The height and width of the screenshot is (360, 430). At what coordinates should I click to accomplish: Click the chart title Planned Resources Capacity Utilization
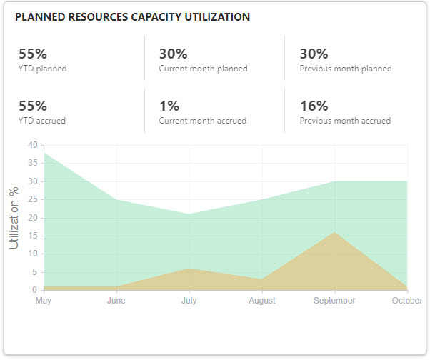pos(132,17)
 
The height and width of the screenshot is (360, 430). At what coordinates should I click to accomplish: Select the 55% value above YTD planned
pos(33,54)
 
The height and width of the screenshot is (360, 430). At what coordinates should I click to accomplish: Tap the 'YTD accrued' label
pos(42,121)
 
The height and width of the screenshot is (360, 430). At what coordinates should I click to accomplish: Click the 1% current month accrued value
pos(169,106)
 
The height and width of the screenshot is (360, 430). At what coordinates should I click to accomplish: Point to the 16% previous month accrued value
pos(314,106)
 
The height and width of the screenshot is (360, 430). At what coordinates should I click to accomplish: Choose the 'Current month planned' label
pos(203,69)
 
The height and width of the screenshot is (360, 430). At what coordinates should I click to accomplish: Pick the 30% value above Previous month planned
pos(314,54)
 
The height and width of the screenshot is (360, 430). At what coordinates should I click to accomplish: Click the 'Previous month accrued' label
pos(345,121)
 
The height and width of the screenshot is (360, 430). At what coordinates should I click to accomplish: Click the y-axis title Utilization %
pos(14,218)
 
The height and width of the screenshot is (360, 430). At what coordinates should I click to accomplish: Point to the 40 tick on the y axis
pos(32,145)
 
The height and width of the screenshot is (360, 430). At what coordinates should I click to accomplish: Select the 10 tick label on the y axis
pos(32,254)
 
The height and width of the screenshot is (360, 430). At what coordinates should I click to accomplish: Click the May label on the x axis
pos(44,301)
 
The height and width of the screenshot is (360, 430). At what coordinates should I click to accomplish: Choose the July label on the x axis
pos(189,301)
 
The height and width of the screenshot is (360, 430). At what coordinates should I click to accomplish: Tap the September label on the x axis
pos(334,301)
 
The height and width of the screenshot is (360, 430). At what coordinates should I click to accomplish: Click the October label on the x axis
pos(407,301)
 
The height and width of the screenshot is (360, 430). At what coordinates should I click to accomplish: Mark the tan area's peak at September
pos(334,232)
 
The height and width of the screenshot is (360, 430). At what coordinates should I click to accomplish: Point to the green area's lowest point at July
pos(189,214)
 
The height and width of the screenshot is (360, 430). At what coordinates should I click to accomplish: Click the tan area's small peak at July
pos(189,269)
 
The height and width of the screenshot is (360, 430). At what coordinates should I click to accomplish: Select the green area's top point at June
pos(116,199)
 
